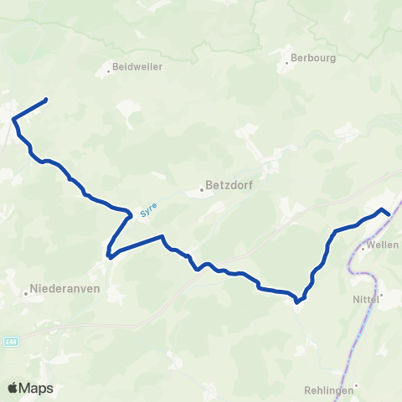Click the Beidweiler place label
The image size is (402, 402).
pos(139,66)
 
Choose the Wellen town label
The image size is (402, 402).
pos(384,246)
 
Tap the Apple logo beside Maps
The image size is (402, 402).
pos(13,388)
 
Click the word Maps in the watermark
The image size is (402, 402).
pos(38,388)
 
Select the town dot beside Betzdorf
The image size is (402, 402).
pos(203,190)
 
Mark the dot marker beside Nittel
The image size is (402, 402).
pos(381,295)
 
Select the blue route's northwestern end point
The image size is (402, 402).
pos(44,100)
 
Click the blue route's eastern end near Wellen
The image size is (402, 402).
pos(389,214)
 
